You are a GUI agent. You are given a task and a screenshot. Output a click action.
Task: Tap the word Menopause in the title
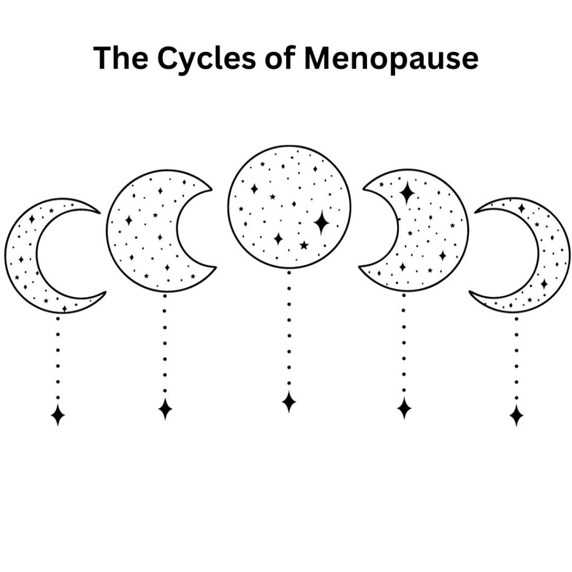pyautogui.click(x=391, y=58)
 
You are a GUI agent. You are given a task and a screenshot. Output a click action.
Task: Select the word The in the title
pyautogui.click(x=122, y=58)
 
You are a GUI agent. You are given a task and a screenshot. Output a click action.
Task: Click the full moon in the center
pyautogui.click(x=289, y=207)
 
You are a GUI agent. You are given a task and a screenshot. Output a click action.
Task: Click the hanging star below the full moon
pyautogui.click(x=289, y=402)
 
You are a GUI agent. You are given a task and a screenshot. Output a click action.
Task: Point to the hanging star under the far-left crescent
pyautogui.click(x=58, y=414)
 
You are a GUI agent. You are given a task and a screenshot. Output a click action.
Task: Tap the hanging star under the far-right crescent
pyautogui.click(x=516, y=415)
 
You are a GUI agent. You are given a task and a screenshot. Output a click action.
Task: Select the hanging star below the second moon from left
pyautogui.click(x=165, y=408)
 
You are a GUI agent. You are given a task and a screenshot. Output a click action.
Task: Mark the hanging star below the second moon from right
pyautogui.click(x=404, y=408)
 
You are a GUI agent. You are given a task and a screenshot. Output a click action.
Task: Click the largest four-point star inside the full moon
pyautogui.click(x=321, y=222)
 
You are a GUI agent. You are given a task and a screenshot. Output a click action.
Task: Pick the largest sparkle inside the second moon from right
pyautogui.click(x=407, y=193)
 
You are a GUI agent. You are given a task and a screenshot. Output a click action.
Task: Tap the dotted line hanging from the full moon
pyautogui.click(x=289, y=335)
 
